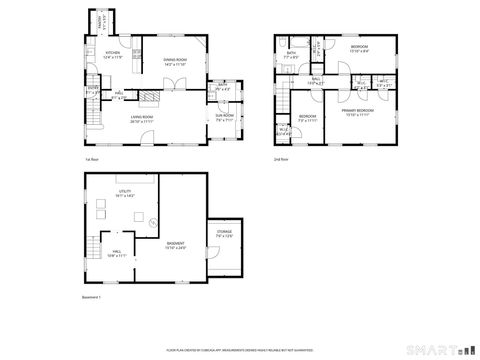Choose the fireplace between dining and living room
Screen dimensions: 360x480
click(x=148, y=96)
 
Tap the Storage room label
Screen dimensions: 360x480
click(x=223, y=236)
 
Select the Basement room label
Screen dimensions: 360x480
click(x=175, y=245)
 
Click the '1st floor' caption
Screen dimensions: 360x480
click(x=89, y=158)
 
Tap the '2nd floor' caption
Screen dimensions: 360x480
click(x=281, y=158)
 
